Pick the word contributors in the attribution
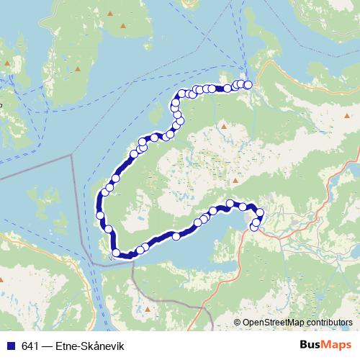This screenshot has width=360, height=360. (x=329, y=322)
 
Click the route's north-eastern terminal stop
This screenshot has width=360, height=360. (x=248, y=85)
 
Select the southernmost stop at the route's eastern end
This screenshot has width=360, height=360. (x=254, y=228)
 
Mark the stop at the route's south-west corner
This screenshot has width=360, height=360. (x=116, y=252)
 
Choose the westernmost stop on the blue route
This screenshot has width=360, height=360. (x=99, y=215)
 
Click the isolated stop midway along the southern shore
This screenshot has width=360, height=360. (x=176, y=236)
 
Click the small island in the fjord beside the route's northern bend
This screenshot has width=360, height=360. (x=155, y=115)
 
